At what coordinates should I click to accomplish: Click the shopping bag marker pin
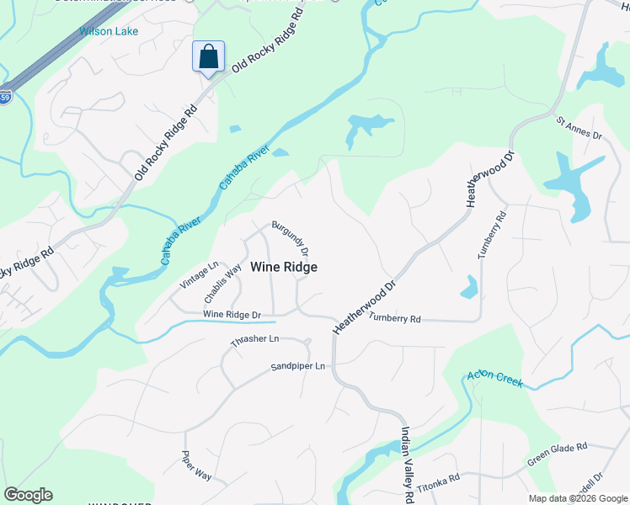(208, 58)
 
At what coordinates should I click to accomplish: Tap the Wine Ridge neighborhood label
(284, 267)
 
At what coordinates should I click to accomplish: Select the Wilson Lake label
(109, 31)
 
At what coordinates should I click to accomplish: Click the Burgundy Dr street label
(291, 239)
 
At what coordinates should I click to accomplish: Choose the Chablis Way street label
(222, 286)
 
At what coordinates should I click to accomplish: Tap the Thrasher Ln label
(254, 341)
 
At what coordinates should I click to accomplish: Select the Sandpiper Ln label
(297, 367)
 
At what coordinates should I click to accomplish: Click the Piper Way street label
(196, 465)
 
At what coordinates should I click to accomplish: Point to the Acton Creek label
(495, 380)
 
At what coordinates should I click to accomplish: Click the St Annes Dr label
(579, 129)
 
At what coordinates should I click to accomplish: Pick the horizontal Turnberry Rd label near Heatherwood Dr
(394, 318)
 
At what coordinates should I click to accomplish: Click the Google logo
(28, 495)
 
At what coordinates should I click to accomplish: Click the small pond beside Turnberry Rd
(469, 288)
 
